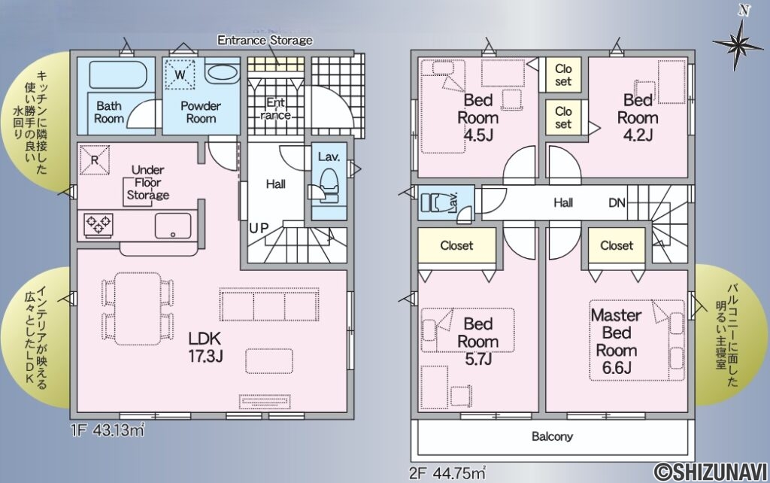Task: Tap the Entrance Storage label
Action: click(265, 41)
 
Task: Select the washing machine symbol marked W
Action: click(180, 74)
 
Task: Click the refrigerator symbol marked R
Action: click(94, 159)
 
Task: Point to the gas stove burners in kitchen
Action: click(99, 225)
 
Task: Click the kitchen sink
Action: click(173, 226)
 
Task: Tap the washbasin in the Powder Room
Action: click(223, 73)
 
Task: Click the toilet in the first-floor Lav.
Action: click(328, 185)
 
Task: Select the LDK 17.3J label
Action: click(206, 346)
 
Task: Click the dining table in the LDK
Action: click(138, 308)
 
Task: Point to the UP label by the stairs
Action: click(259, 228)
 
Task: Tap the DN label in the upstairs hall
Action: click(617, 202)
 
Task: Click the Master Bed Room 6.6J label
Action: click(617, 342)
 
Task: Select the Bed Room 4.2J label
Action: click(638, 117)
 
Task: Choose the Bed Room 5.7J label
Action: click(477, 342)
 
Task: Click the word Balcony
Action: click(553, 436)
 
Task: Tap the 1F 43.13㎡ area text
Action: click(108, 430)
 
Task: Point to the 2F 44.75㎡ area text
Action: click(447, 473)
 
